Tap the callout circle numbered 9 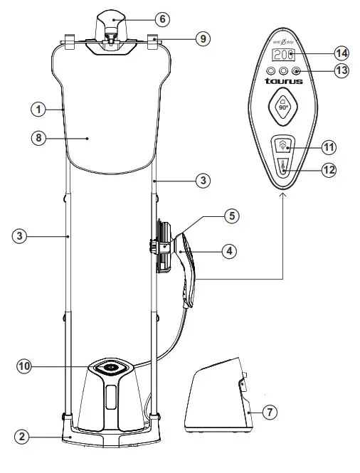[203, 39]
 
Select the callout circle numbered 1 [37, 110]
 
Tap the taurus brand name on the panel [284, 81]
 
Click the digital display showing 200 [284, 55]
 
